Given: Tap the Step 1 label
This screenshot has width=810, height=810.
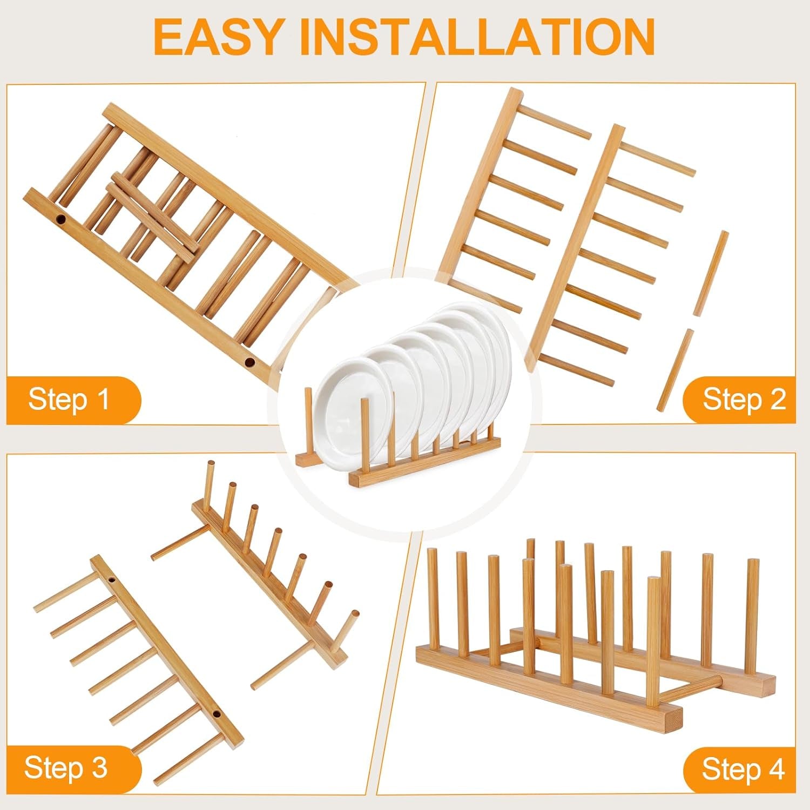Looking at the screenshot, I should click(x=69, y=400).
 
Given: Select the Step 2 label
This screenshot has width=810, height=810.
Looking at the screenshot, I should click(x=744, y=400).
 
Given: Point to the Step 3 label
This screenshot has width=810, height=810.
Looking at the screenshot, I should click(x=66, y=767).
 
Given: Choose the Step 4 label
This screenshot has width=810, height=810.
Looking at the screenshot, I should click(x=743, y=769).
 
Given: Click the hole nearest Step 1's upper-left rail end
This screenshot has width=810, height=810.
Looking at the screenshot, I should click(x=61, y=220).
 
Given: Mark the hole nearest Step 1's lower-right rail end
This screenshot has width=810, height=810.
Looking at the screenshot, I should click(x=249, y=362).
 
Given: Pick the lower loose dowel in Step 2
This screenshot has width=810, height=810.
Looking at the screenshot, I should click(x=674, y=370).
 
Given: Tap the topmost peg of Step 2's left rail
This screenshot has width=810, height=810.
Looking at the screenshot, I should click(x=556, y=123).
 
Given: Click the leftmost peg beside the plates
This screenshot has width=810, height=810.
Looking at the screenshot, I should click(x=308, y=421).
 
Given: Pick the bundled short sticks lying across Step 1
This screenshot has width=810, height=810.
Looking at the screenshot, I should click(x=151, y=216).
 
